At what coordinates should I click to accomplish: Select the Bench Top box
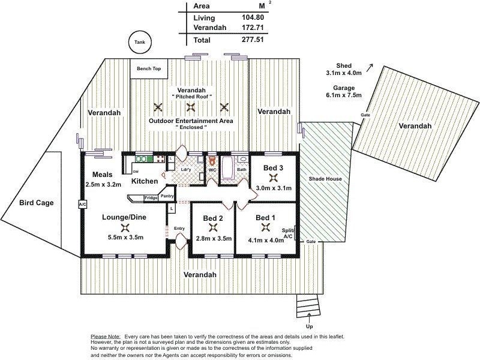pos(149,68)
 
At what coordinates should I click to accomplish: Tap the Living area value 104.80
pos(253,17)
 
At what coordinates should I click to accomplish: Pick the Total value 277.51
pos(253,40)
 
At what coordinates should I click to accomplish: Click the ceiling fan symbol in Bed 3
pos(273,178)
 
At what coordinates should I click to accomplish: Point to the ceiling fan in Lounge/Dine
pos(125,227)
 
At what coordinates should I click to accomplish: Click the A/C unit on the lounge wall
pos(83,204)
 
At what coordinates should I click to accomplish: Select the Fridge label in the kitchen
pos(151,198)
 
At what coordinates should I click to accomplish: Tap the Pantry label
pos(167,196)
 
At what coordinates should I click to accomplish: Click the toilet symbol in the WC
pos(212,160)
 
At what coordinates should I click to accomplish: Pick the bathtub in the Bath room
pos(227,167)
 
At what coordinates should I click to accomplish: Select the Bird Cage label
pos(37,203)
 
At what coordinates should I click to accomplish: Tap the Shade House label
pos(325,179)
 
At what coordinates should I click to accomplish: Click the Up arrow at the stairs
pos(309,318)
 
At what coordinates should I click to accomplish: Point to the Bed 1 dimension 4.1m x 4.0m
pos(266,241)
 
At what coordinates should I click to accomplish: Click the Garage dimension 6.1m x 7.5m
pos(344,95)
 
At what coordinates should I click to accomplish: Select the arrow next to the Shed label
pos(370,67)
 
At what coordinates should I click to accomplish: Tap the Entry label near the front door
pos(179,229)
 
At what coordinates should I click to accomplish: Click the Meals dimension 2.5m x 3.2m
pos(103,185)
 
